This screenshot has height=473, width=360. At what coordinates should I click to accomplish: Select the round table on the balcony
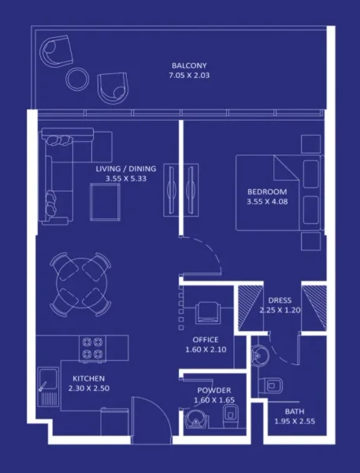78,77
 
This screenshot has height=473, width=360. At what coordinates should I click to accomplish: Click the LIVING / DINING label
126,169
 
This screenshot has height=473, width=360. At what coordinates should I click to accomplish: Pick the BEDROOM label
267,192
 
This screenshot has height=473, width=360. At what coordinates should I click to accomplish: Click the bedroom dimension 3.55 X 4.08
267,202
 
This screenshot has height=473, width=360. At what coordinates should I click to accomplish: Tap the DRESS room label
280,300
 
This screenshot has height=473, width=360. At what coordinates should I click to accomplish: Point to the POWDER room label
213,390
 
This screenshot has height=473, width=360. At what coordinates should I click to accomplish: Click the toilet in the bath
273,385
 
